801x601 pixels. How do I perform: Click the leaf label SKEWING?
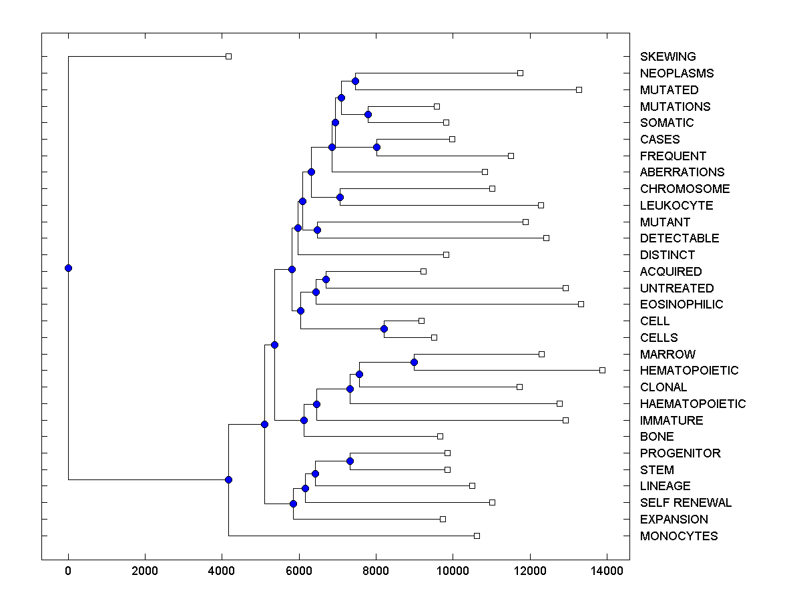(x=667, y=57)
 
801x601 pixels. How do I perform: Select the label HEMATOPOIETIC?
(x=689, y=371)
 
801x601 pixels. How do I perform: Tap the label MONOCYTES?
(x=678, y=536)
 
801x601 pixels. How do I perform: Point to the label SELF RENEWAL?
(x=686, y=503)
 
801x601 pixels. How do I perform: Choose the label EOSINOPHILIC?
(x=681, y=305)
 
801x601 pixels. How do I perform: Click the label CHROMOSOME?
(x=684, y=189)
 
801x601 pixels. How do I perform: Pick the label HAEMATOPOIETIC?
(x=692, y=404)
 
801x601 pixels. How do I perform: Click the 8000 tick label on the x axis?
(x=376, y=571)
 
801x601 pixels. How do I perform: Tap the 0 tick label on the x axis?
(x=68, y=571)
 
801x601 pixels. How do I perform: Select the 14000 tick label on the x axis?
(x=607, y=571)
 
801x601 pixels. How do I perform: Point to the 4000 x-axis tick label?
(x=222, y=571)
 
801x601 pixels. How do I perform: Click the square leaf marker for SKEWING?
(x=228, y=57)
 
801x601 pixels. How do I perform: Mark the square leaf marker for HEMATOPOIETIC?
(x=602, y=370)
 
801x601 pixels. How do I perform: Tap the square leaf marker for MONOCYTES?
(x=477, y=536)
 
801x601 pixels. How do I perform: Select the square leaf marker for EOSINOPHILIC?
(x=581, y=304)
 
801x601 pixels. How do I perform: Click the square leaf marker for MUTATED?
(x=579, y=89)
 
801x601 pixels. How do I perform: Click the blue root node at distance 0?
(x=68, y=268)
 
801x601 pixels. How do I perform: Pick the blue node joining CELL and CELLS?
(x=384, y=329)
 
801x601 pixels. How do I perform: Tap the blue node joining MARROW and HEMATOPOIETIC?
(x=414, y=362)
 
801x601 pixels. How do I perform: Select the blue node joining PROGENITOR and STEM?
(x=350, y=461)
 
